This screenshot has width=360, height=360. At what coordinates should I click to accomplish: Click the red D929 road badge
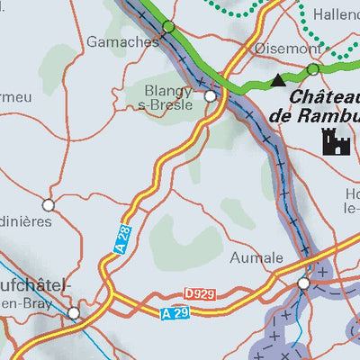202,294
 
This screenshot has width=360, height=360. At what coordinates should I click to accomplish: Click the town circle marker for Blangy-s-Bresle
211,95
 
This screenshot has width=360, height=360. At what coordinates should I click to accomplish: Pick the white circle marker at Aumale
304,283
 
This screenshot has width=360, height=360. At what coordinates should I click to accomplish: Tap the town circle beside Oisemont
312,69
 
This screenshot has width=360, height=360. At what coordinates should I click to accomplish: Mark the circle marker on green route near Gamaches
168,28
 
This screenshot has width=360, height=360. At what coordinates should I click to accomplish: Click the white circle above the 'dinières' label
49,204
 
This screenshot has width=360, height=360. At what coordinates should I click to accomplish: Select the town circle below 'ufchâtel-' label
74,313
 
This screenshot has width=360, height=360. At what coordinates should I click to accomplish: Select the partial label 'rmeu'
15,95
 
